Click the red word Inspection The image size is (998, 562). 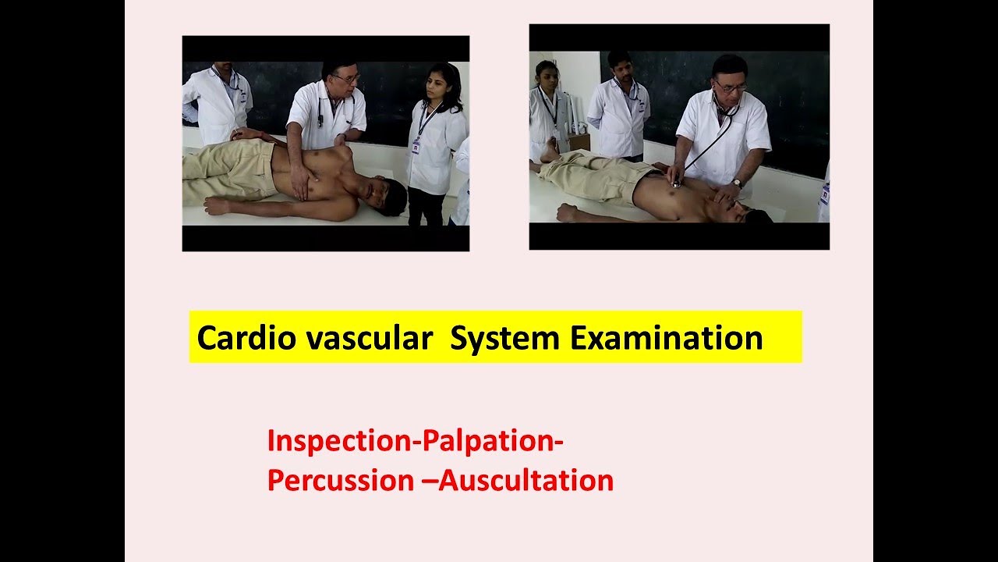point(337,441)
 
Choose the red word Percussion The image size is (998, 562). point(339,480)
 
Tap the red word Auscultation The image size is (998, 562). point(526,480)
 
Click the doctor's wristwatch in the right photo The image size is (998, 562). point(736,183)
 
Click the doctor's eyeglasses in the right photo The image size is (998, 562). point(730,86)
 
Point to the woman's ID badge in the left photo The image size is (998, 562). point(415,146)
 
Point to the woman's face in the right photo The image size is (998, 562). point(547,76)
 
